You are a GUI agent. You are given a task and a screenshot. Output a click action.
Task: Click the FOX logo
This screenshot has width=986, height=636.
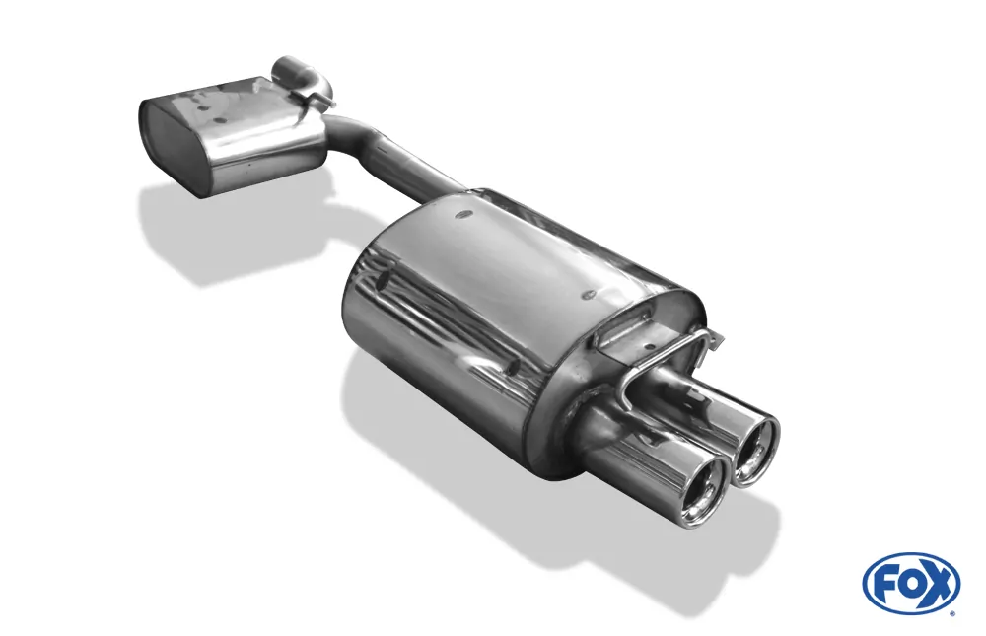click(x=910, y=583)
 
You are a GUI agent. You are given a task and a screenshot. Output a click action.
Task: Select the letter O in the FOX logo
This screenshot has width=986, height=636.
click(x=910, y=584)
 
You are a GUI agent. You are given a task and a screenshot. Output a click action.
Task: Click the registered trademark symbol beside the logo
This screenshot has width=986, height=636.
click(x=951, y=613)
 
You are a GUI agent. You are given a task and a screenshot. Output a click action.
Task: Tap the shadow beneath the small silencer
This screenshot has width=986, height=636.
click(x=227, y=237)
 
